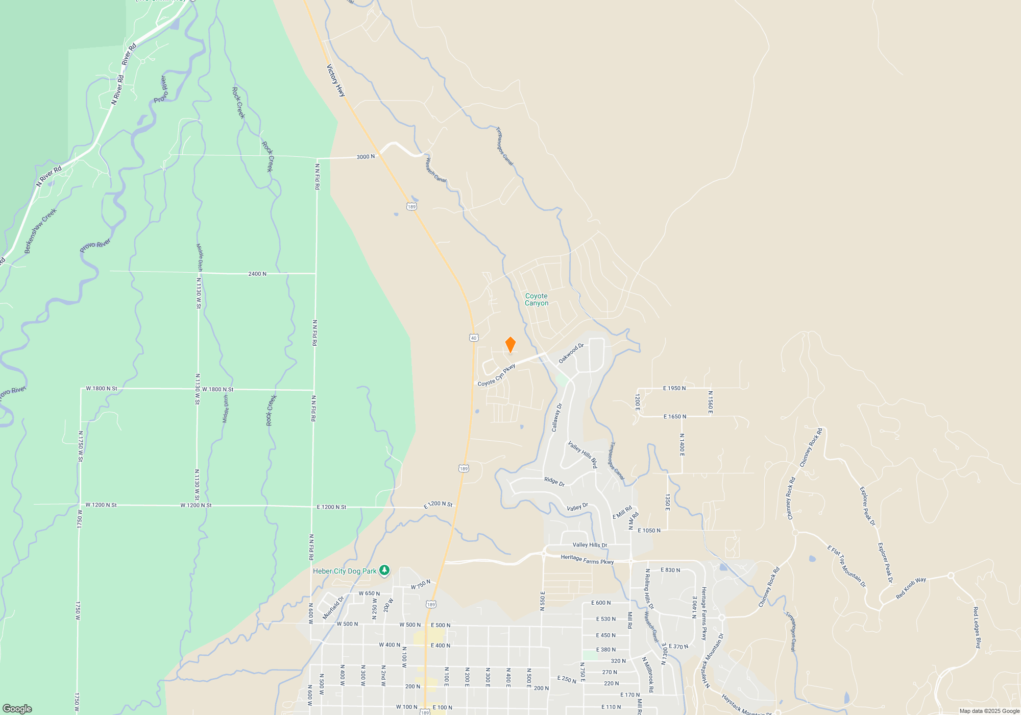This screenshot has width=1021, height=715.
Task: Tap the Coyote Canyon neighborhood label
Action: (537, 300)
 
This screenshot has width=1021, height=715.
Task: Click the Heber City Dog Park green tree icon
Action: (384, 570)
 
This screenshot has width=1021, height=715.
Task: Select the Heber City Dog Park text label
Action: (345, 571)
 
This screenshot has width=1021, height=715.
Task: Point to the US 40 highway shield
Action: (474, 338)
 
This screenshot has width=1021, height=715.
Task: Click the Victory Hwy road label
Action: (336, 80)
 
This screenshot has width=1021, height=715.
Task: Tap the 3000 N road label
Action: (366, 157)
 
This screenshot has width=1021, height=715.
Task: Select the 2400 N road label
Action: (257, 274)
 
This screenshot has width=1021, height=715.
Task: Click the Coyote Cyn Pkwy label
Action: (496, 376)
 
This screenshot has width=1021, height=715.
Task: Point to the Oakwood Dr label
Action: (571, 353)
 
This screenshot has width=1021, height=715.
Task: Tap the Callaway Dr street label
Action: (556, 418)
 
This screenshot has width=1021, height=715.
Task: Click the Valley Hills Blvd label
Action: (582, 455)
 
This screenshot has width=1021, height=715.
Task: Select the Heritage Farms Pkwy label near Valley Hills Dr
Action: (587, 559)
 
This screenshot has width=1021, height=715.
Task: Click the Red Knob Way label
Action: (911, 588)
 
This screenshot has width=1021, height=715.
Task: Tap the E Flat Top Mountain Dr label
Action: (846, 566)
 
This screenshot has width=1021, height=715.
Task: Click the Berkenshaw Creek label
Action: (41, 231)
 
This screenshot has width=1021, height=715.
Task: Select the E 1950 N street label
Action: (674, 388)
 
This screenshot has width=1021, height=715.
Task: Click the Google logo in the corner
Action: (17, 708)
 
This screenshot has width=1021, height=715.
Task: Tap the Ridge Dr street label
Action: (554, 482)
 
